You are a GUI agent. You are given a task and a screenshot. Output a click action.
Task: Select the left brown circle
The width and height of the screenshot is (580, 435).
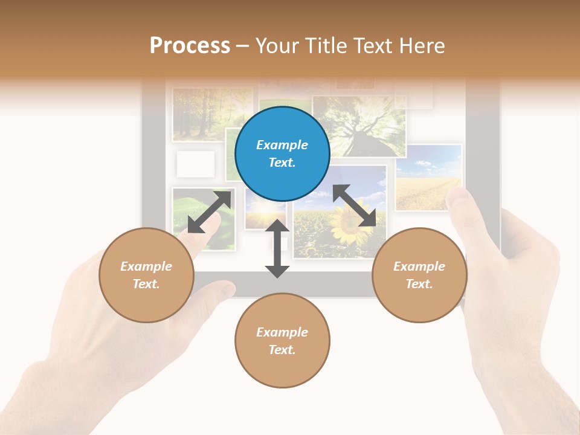pos(146,275)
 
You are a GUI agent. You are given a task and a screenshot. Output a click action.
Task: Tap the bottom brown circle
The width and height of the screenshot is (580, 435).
pos(282,341)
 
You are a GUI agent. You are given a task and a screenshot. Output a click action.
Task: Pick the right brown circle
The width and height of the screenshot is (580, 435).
pos(419,275)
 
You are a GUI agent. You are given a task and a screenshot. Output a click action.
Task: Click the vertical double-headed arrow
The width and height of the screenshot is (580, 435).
pos(277,248)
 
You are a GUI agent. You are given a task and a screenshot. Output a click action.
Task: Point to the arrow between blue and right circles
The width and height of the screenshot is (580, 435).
pos(355,206)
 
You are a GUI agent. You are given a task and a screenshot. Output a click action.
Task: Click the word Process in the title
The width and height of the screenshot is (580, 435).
pos(190,45)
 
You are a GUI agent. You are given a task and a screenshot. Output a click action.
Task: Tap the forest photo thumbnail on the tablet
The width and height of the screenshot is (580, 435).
pos(212,114)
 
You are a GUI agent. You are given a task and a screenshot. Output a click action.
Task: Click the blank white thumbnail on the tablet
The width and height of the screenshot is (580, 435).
pos(195,164)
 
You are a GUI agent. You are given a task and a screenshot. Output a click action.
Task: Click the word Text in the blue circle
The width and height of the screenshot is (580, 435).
pos(282,163)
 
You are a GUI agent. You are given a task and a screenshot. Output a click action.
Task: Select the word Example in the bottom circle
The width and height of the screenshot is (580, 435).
pos(282,332)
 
